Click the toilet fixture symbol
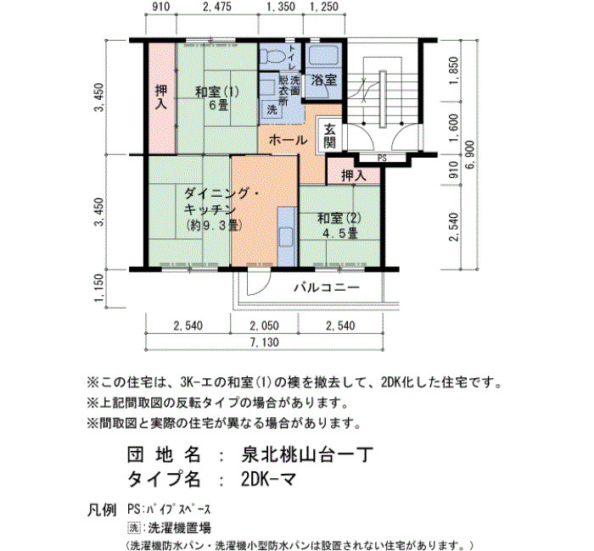click(x=272, y=57)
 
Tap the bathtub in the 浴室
click(x=323, y=56)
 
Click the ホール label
click(x=288, y=141)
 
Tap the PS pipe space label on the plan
click(x=382, y=159)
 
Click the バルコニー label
click(x=327, y=288)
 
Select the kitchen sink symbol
click(x=286, y=237)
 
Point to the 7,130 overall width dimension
click(x=264, y=342)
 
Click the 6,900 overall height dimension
click(x=470, y=155)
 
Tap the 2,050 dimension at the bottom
click(x=264, y=326)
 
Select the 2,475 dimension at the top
click(x=216, y=7)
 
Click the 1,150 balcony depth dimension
click(x=98, y=288)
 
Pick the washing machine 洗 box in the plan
click(x=272, y=110)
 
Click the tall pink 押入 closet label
click(x=161, y=97)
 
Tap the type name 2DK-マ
click(x=269, y=480)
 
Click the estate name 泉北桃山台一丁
click(x=307, y=455)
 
